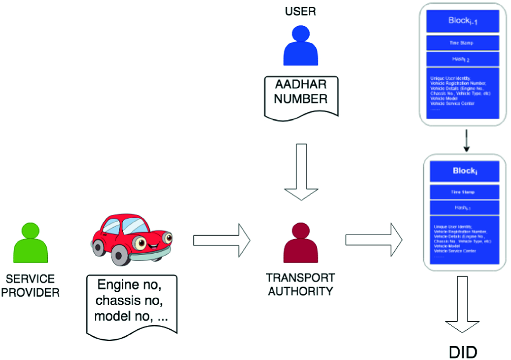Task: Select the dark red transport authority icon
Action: pos(301,243)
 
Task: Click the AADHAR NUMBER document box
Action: pos(301,94)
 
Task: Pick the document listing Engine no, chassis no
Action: pos(132,303)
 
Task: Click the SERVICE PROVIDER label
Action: pos(30,286)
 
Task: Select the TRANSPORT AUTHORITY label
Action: pos(300,285)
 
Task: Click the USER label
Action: pos(301,12)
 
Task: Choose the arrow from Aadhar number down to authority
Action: pos(302,172)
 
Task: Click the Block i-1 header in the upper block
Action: pos(462,21)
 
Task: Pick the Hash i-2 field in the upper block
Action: pos(462,59)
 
